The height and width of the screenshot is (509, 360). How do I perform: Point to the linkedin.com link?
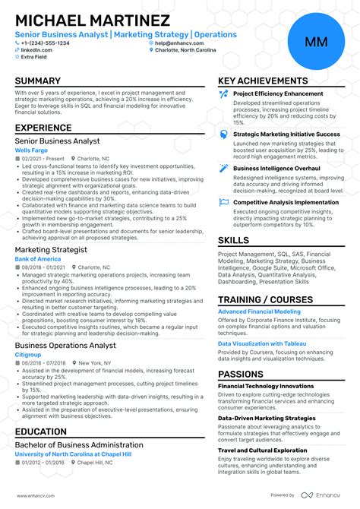click(x=33, y=50)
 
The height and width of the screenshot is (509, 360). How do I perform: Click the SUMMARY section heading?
click(x=37, y=81)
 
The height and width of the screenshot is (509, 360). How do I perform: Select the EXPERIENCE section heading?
click(x=43, y=129)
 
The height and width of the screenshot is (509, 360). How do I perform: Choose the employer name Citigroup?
click(x=28, y=354)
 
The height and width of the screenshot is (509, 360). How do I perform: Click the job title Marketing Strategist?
click(x=51, y=250)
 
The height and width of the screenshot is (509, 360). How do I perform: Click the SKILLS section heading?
click(x=233, y=241)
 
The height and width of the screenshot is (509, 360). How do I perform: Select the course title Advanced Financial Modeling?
click(x=259, y=311)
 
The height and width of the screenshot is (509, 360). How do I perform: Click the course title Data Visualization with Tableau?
click(x=262, y=343)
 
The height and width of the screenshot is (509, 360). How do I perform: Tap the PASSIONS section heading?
click(x=241, y=375)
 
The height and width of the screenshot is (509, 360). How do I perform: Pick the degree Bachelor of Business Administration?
click(x=79, y=445)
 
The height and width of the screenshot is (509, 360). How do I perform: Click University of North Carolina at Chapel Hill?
click(x=72, y=454)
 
